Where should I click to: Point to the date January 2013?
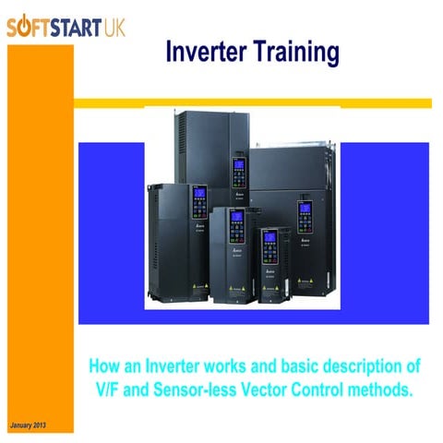point(27,425)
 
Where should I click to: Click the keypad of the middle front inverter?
point(235,224)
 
